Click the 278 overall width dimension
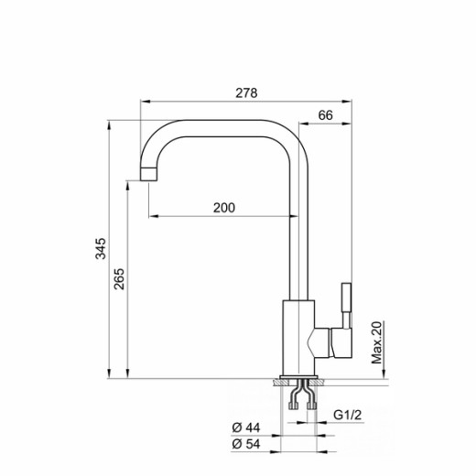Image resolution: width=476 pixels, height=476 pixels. [x=245, y=92]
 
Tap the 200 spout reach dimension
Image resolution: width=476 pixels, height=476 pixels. [x=224, y=207]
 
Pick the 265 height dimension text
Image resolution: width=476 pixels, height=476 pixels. [x=119, y=278]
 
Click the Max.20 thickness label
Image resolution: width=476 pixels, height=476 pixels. [x=376, y=342]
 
